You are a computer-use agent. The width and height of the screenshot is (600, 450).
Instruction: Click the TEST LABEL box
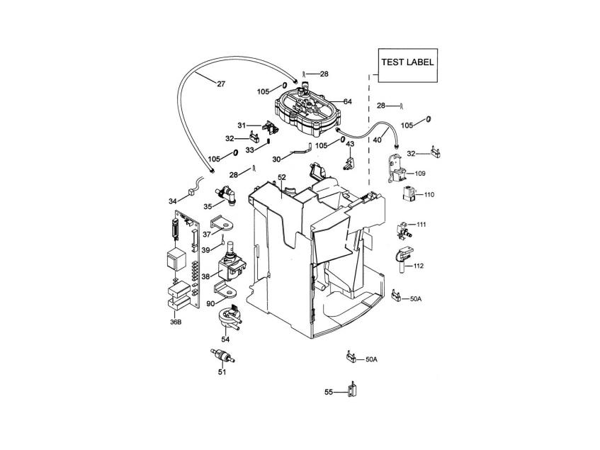point(407,67)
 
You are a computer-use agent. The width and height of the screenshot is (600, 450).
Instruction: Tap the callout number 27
point(221,84)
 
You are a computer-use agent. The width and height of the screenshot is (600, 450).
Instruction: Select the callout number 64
point(348,101)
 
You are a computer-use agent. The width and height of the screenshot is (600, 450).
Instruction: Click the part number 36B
point(175,322)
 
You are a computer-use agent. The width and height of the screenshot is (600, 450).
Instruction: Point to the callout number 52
point(282,177)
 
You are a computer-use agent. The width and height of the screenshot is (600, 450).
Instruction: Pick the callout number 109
point(420,173)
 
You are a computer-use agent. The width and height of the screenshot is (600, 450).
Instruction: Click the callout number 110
point(429,194)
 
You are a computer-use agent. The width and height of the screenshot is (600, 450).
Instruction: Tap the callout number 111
point(421,225)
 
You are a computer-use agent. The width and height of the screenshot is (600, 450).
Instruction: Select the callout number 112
point(419,266)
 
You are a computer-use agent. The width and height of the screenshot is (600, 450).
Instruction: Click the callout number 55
point(329,391)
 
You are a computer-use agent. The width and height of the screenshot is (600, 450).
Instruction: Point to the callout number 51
point(222,371)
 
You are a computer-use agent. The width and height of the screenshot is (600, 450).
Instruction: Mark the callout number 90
point(210,303)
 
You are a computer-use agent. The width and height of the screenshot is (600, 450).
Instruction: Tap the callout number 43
point(350,144)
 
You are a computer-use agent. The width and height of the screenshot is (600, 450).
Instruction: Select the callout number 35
point(208,206)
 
